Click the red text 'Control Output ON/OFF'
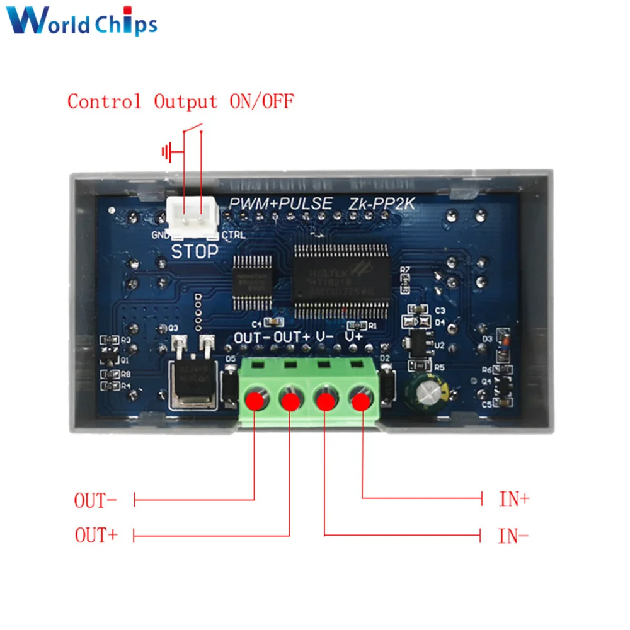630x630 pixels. pyautogui.click(x=181, y=101)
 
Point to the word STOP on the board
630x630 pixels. pyautogui.click(x=195, y=251)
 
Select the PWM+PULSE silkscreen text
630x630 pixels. pyautogui.click(x=281, y=203)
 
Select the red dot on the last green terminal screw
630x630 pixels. pyautogui.click(x=360, y=401)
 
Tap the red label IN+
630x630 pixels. pyautogui.click(x=514, y=500)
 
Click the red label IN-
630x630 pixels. pyautogui.click(x=513, y=536)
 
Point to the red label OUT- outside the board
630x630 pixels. pyautogui.click(x=96, y=501)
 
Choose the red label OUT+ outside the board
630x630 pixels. pyautogui.click(x=96, y=535)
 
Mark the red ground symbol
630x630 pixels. pyautogui.click(x=168, y=152)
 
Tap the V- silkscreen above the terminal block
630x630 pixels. pyautogui.click(x=325, y=337)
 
